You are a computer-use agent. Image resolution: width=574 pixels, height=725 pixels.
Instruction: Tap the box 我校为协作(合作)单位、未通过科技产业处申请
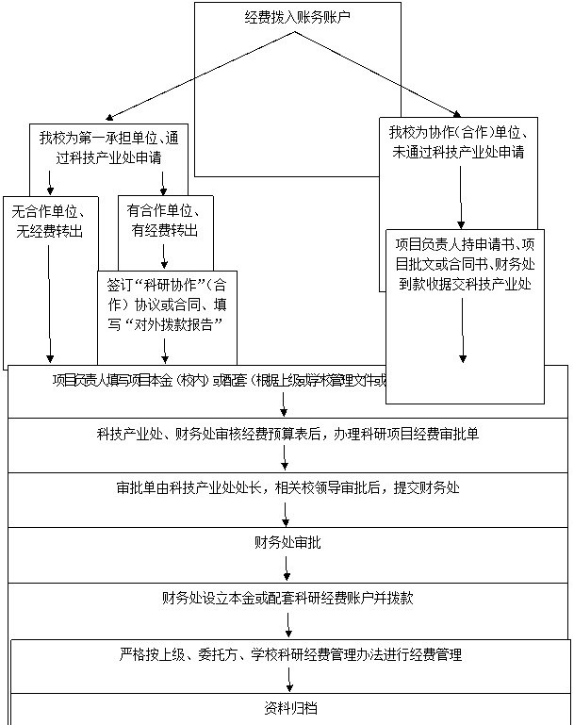pos(457,142)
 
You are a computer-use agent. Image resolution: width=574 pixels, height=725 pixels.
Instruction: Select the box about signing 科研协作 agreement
pos(166,303)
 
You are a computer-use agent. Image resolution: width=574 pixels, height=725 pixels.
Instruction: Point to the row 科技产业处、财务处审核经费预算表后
pos(287,434)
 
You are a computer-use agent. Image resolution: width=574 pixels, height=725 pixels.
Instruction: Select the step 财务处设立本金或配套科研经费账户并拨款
pos(287,598)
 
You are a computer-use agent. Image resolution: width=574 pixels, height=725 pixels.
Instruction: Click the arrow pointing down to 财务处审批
pos(286,514)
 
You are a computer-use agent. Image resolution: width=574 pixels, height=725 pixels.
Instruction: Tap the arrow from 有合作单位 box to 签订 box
pos(164,255)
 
